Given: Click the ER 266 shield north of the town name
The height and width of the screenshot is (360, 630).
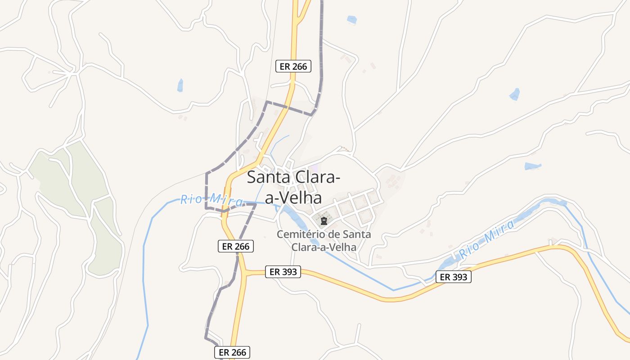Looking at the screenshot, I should click(293, 67).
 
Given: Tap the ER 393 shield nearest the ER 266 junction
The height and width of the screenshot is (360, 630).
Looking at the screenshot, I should click(283, 272).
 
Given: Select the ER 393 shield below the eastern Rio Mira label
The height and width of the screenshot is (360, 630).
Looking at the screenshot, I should click(453, 277).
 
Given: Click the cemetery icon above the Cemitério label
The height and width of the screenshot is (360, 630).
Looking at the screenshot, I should click(324, 221).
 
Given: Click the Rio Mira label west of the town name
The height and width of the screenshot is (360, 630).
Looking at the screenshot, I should click(211, 200).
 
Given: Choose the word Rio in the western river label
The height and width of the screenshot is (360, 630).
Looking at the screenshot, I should click(189, 199).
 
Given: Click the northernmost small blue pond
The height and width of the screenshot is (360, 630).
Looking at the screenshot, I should click(352, 20).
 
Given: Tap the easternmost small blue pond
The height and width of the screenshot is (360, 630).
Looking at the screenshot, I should click(533, 166).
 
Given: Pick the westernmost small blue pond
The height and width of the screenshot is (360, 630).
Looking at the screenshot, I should click(180, 85).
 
